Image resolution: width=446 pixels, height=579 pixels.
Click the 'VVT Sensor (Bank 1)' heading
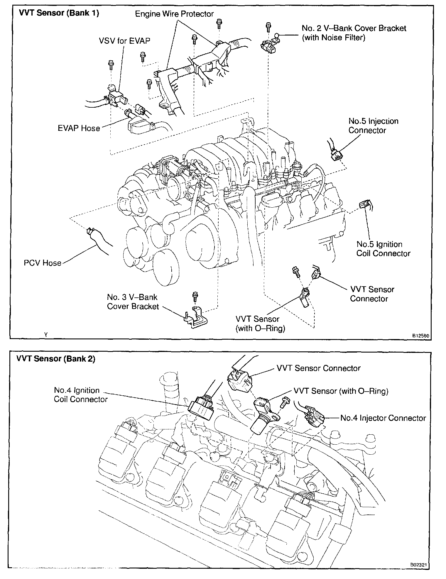click(59, 13)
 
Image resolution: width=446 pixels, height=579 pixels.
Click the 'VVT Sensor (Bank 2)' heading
click(56, 359)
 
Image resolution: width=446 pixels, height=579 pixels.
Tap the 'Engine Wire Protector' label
click(174, 14)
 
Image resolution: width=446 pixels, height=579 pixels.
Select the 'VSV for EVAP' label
click(124, 40)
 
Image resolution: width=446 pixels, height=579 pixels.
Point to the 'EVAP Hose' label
click(79, 128)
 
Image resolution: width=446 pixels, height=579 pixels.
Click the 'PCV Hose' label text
click(43, 263)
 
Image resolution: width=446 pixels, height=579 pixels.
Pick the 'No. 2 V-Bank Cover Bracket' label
click(354, 28)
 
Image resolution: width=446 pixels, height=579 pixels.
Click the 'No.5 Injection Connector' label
click(373, 126)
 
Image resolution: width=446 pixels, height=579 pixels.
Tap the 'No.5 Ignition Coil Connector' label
click(383, 249)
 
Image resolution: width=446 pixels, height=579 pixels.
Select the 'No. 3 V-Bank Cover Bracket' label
click(133, 302)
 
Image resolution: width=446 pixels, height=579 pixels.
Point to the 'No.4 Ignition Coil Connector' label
click(81, 395)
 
